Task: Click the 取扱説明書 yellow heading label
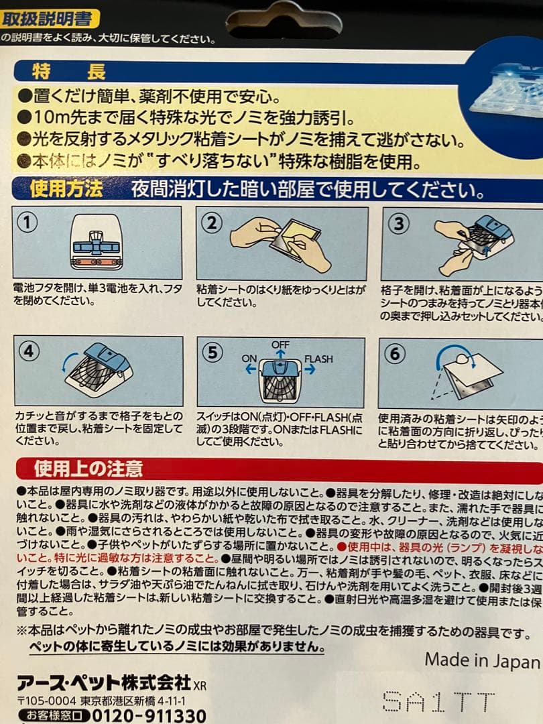[x=47, y=18]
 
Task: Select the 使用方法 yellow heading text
[x=66, y=190]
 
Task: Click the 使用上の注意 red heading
[x=88, y=467]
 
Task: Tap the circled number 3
[x=398, y=223]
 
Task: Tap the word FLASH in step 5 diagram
[x=318, y=359]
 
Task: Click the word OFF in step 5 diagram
[x=281, y=344]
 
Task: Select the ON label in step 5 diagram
[x=249, y=359]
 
